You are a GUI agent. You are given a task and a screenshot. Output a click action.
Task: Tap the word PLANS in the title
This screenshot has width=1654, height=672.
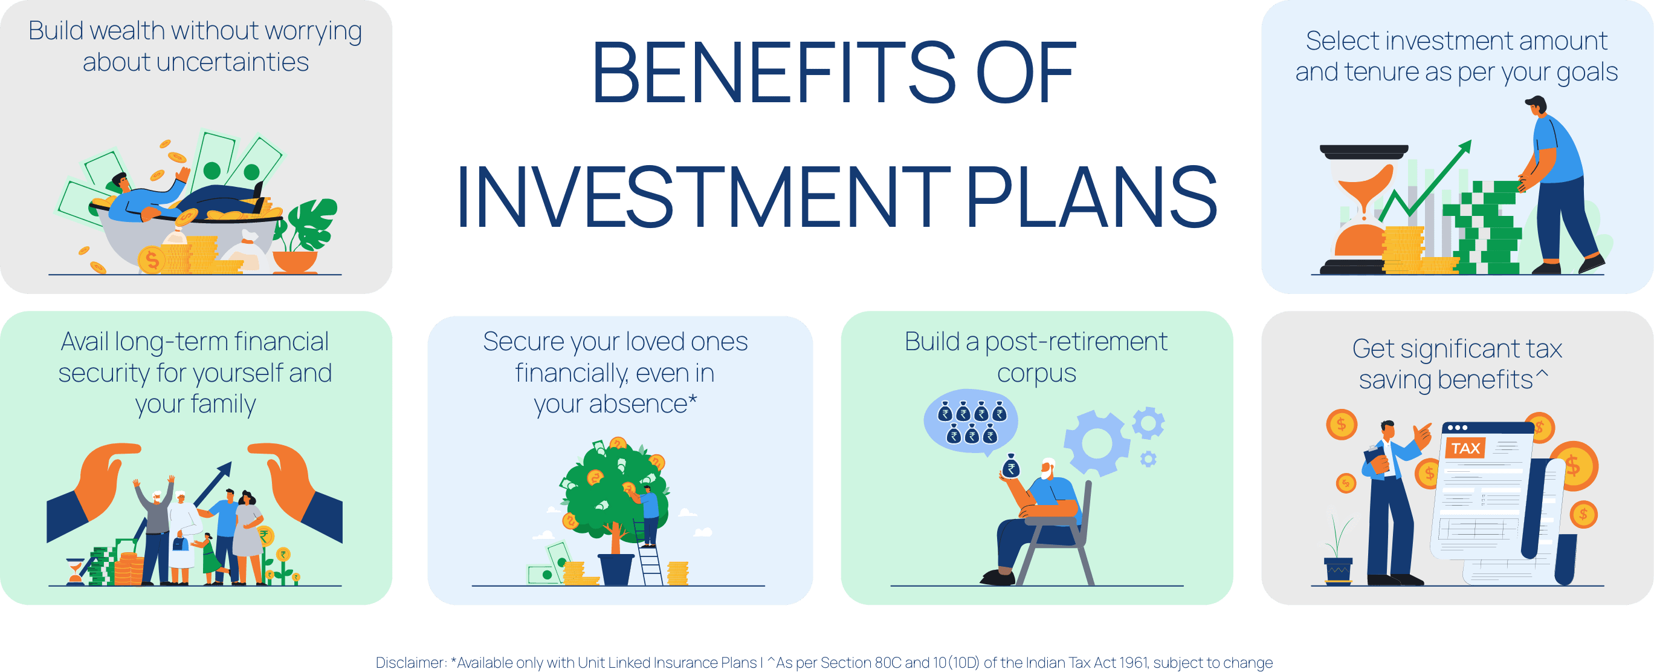pos(1091,197)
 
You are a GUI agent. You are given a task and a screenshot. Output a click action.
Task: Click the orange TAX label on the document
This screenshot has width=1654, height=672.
pos(1465,448)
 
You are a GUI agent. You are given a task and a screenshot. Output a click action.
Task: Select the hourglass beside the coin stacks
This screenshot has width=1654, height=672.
pos(1364,209)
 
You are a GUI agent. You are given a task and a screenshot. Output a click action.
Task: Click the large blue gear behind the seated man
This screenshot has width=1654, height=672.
pos(1097,443)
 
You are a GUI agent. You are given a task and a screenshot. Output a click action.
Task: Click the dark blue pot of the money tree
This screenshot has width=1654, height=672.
pos(616,569)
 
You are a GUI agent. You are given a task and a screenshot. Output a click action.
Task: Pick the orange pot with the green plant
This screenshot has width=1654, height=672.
pos(296,261)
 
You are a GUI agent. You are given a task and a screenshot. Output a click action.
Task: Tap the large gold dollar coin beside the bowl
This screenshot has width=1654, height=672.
pos(152,260)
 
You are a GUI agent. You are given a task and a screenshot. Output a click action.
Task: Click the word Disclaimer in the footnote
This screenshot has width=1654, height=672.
pos(410,662)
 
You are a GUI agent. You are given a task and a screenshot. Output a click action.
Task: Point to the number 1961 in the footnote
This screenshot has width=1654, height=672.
pos(1134,662)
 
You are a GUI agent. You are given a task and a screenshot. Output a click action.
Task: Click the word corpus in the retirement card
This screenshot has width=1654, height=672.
pos(1036,373)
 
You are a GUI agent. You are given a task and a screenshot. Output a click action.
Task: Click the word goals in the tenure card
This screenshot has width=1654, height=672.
pos(1586,73)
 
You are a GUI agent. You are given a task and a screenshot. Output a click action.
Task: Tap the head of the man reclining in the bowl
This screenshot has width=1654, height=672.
pos(118,181)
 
